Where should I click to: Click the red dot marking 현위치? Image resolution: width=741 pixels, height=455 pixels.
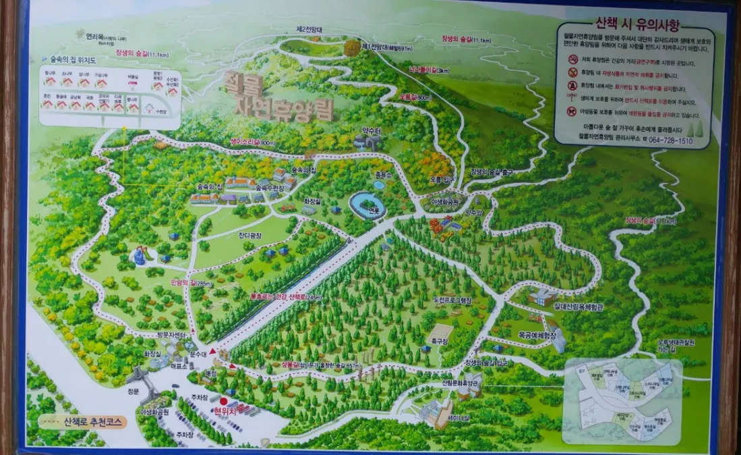pyautogui.click(x=223, y=401)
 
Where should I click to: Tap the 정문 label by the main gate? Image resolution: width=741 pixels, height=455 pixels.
pyautogui.click(x=133, y=390)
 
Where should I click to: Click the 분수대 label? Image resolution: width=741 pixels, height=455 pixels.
pyautogui.click(x=198, y=354)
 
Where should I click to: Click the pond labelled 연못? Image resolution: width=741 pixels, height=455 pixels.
pyautogui.click(x=368, y=205)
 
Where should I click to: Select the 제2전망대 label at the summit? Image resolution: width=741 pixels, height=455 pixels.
pyautogui.click(x=310, y=30)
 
